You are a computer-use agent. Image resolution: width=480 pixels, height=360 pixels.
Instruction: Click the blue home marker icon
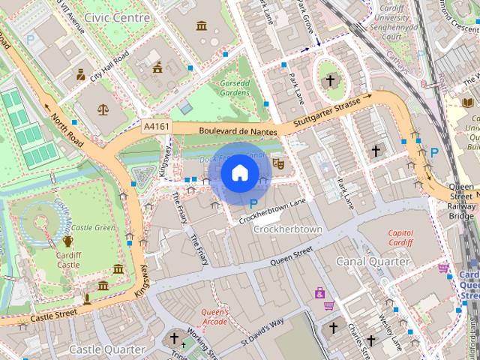coord(238,173)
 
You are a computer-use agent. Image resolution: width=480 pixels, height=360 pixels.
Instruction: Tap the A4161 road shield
coord(157,127)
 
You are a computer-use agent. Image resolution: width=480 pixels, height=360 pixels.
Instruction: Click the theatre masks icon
coord(278,163)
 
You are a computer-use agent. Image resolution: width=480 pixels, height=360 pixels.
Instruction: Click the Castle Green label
coord(92,227)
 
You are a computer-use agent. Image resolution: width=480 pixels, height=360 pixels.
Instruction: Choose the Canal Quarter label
coord(373,262)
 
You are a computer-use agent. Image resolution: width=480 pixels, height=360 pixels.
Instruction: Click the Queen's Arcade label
coord(214,316)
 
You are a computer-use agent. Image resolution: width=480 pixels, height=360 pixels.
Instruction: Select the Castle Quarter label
coord(106,349)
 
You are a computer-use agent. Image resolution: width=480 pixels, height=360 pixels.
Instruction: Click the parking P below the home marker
coord(253,202)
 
